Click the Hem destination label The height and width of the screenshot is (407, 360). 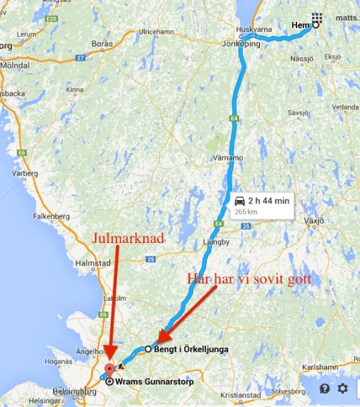pyautogui.click(x=300, y=27)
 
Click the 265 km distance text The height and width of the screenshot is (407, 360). pyautogui.click(x=246, y=211)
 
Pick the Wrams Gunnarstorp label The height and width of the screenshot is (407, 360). pyautogui.click(x=155, y=382)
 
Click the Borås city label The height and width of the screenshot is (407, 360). pyautogui.click(x=102, y=44)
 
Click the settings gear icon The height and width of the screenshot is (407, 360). pyautogui.click(x=342, y=389)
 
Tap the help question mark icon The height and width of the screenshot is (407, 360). pyautogui.click(x=324, y=389)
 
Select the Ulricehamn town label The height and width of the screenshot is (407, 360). pyautogui.click(x=156, y=33)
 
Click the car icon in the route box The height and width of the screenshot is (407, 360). pyautogui.click(x=239, y=201)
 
